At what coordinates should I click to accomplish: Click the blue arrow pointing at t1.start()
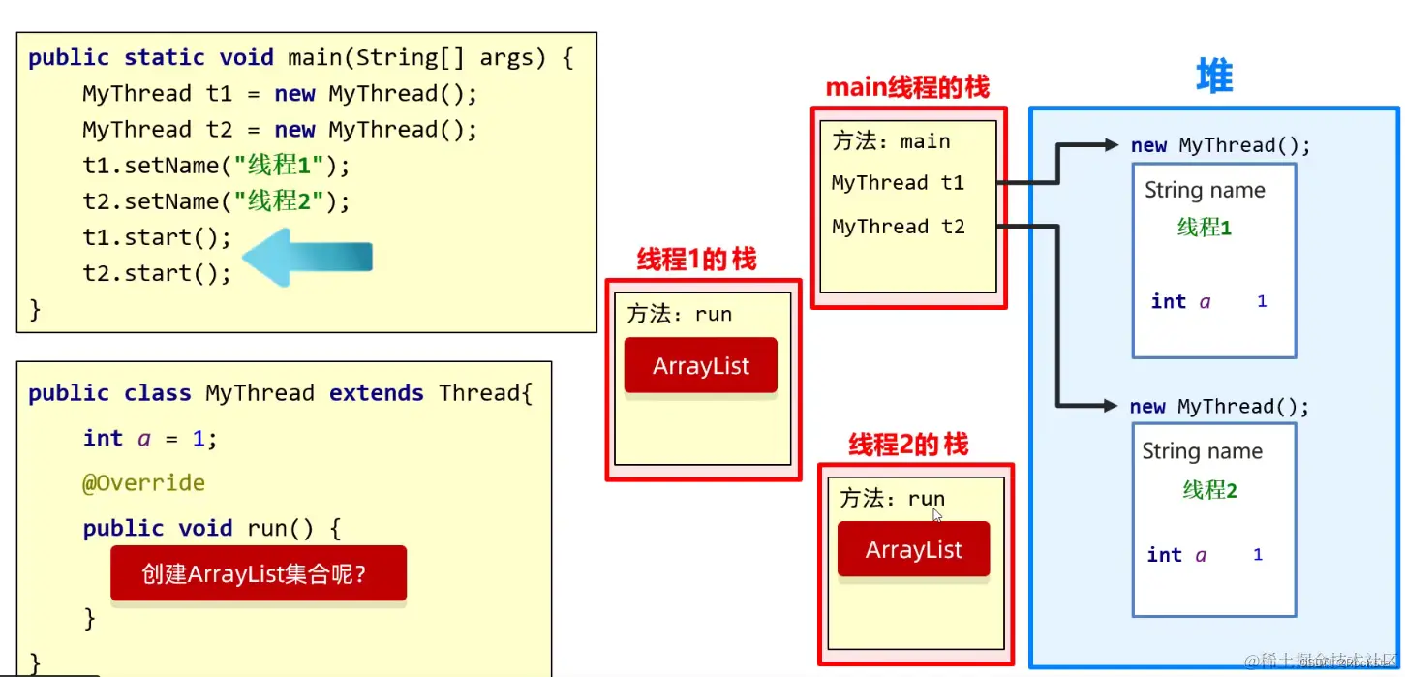(306, 257)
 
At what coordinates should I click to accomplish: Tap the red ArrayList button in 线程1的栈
(701, 365)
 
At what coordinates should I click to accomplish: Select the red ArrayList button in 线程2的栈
(913, 549)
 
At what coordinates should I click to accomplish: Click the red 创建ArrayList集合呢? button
(258, 573)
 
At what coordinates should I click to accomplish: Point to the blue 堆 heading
(1214, 76)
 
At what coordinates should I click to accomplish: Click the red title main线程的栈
(907, 88)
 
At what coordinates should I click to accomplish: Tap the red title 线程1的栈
(696, 260)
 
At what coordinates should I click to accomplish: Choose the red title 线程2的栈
(907, 445)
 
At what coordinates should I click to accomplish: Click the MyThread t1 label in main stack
(898, 183)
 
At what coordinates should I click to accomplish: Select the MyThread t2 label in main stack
(898, 227)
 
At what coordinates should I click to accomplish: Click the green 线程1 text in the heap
(1204, 228)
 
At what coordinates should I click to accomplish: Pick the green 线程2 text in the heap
(1209, 490)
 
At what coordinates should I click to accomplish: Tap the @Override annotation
(143, 482)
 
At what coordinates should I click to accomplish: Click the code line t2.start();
(157, 273)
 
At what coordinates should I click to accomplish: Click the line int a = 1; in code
(150, 438)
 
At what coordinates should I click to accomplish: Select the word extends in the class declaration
(376, 393)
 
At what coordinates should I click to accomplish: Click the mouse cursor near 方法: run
(937, 515)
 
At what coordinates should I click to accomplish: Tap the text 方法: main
(891, 141)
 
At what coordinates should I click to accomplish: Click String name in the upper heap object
(1205, 190)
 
